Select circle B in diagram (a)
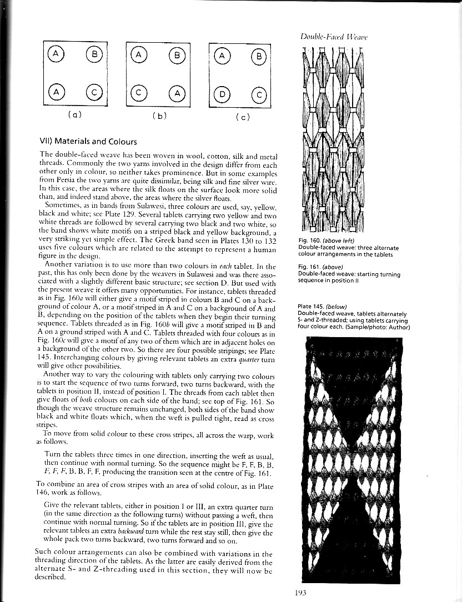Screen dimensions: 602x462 click(x=92, y=54)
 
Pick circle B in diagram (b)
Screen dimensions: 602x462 click(x=177, y=55)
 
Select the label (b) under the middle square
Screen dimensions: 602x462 click(x=157, y=117)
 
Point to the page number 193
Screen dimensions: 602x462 click(x=302, y=593)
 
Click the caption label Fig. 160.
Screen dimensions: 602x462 click(x=309, y=240)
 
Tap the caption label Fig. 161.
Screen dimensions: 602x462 click(x=309, y=267)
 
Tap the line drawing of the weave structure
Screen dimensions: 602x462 click(x=333, y=139)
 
